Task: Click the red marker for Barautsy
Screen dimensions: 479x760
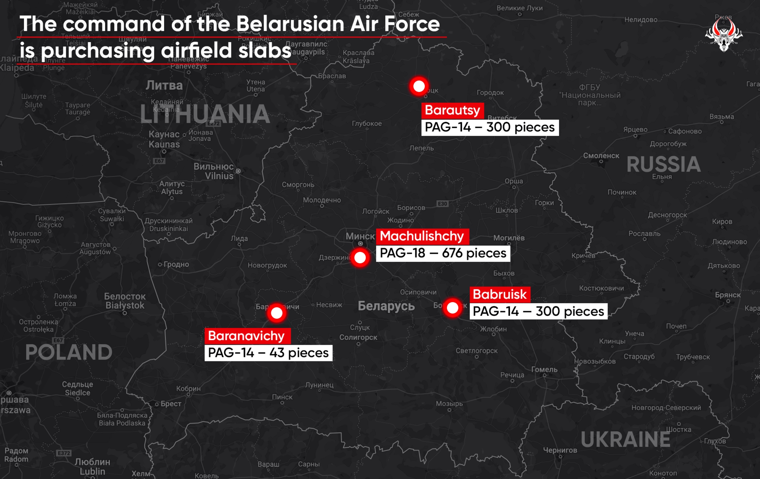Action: click(419, 86)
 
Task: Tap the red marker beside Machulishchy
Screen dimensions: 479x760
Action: click(360, 258)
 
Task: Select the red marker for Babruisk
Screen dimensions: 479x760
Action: click(452, 308)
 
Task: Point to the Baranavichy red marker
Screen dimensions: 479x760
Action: click(277, 313)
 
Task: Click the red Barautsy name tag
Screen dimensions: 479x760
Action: click(452, 110)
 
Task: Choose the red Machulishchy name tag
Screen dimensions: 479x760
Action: click(422, 236)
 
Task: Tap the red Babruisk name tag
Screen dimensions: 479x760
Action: click(500, 294)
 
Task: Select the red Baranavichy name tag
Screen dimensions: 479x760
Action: click(247, 336)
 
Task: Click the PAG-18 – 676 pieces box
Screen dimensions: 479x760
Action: click(443, 253)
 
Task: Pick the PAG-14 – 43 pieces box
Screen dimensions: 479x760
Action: click(268, 353)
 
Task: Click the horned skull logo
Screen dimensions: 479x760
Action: click(724, 34)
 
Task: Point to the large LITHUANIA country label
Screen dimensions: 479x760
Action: click(205, 114)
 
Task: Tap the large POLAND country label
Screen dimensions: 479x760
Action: click(69, 352)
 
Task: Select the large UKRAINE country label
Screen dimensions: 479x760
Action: click(625, 439)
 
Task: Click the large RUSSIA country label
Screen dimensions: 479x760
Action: click(663, 164)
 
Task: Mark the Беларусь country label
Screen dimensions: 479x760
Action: click(386, 306)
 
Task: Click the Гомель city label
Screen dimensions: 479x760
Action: click(544, 369)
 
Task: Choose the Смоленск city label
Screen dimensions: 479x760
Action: click(601, 156)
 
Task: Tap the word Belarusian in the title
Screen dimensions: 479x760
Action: click(291, 24)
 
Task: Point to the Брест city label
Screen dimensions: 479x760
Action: click(171, 404)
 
